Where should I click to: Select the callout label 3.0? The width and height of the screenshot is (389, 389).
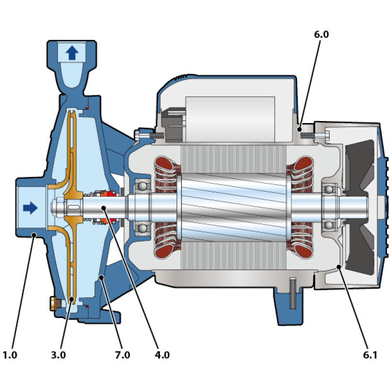pos(58,355)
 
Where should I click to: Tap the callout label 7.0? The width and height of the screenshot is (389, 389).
pos(123,355)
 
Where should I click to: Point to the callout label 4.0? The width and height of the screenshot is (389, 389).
pos(162,355)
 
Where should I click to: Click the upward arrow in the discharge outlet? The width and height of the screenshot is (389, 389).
pos(71,52)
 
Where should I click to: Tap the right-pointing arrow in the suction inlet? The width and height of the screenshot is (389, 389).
pos(30,208)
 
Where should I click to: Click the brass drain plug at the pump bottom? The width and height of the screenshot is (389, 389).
pos(52,304)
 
